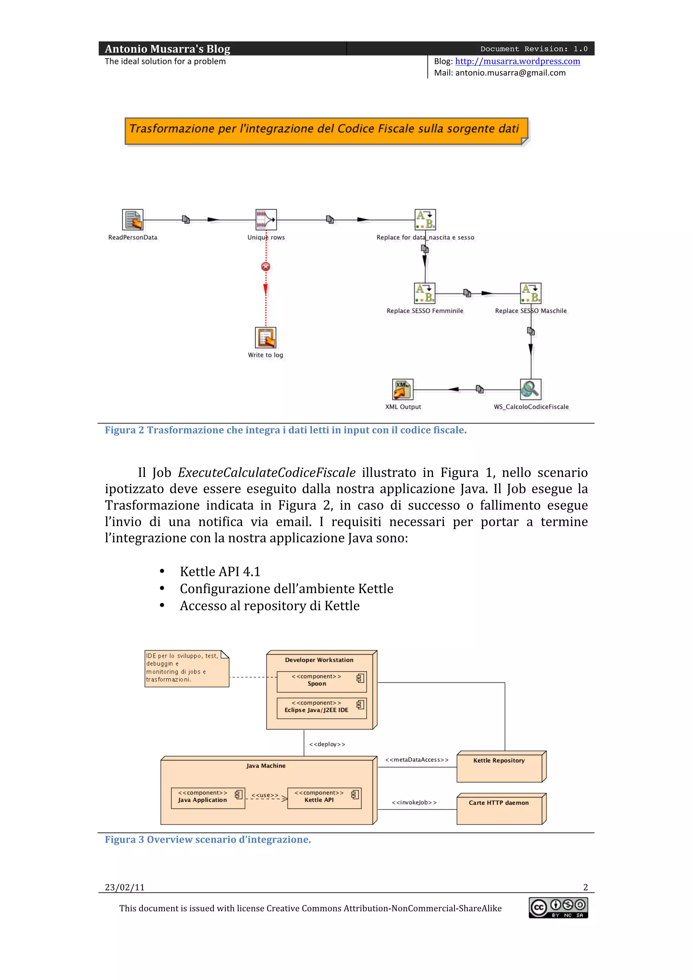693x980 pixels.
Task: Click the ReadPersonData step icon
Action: pos(132,220)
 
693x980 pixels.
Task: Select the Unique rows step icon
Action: pos(266,220)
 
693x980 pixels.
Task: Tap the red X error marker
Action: pos(266,267)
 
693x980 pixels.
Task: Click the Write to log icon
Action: pos(266,337)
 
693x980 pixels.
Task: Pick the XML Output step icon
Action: pos(403,389)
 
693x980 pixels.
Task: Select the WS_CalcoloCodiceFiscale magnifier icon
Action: pos(530,389)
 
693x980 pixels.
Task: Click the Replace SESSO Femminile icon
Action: pos(425,293)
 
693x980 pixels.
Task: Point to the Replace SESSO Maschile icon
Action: pos(530,293)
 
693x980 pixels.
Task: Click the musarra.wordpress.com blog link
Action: pos(517,61)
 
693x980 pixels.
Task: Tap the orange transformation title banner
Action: pos(326,131)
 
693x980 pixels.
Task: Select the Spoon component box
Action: pos(321,682)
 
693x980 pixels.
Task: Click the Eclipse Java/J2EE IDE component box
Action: pos(321,708)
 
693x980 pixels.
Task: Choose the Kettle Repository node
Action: pos(500,767)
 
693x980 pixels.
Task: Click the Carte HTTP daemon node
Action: pos(500,809)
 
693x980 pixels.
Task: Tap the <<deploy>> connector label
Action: pos(327,744)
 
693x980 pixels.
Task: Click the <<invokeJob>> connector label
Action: pos(414,802)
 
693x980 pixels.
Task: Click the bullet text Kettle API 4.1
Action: pos(220,571)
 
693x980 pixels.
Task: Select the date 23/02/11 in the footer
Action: pos(125,887)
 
